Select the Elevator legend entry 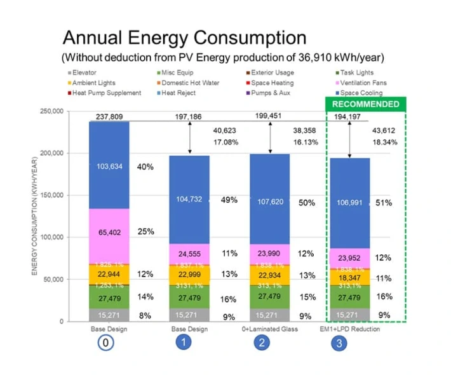[x=84, y=72]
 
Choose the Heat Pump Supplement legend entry [x=106, y=93]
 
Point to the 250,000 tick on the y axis [x=51, y=111]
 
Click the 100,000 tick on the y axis [x=51, y=237]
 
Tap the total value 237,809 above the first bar [x=109, y=116]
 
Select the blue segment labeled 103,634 [x=109, y=167]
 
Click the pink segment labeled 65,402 [x=109, y=233]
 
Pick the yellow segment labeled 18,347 [x=349, y=278]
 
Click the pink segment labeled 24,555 [x=189, y=253]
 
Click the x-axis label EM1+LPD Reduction [x=349, y=329]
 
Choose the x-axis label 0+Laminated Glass [x=269, y=329]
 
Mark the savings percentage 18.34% [x=384, y=142]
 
